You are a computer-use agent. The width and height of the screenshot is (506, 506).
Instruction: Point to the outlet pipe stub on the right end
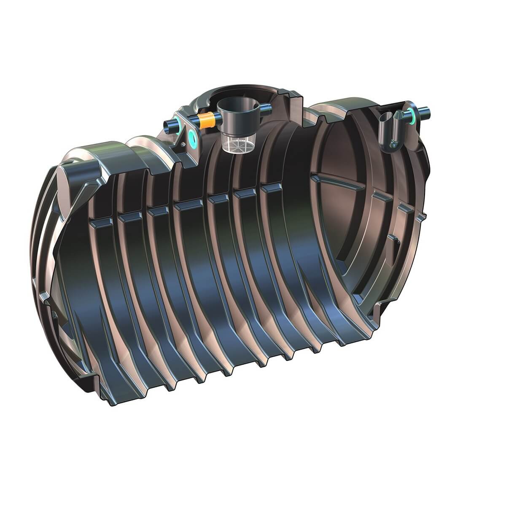(426, 113)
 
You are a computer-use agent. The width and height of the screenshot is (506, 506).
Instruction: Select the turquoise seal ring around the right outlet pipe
(412, 113)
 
